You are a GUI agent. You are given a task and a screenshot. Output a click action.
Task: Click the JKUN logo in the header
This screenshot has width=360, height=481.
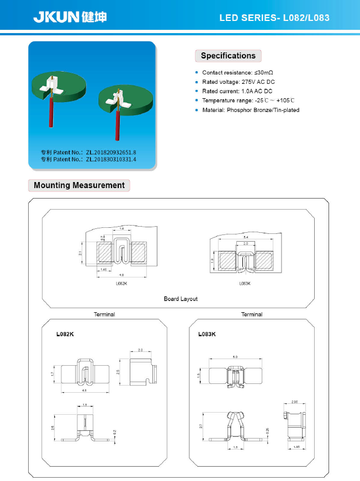(x=70, y=17)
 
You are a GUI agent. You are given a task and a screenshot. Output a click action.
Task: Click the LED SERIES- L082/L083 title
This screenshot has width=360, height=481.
(x=274, y=18)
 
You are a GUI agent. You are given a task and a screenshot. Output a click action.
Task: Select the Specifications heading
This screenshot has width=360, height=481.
(x=228, y=56)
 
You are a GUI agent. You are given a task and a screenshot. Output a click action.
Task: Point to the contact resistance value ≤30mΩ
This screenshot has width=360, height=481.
(x=263, y=73)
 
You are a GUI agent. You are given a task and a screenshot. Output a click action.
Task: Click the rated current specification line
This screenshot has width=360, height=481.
(x=237, y=91)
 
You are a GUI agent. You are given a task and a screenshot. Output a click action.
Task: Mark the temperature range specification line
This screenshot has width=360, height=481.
(x=248, y=100)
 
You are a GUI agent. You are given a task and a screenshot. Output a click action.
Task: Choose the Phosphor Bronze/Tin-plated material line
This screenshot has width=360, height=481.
(x=251, y=110)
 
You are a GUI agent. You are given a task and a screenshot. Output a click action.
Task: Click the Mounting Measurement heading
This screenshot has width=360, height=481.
(x=79, y=185)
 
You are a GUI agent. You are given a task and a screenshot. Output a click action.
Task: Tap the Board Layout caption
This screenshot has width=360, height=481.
(x=181, y=299)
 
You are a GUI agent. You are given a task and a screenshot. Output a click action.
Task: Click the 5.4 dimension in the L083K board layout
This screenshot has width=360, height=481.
(x=246, y=237)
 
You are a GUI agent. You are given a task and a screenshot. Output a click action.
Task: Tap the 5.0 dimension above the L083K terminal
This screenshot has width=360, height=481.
(x=235, y=357)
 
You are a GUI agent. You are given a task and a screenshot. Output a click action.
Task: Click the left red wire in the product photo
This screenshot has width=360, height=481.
(x=51, y=113)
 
